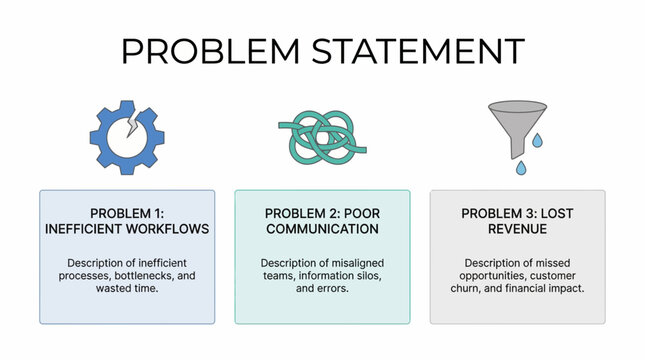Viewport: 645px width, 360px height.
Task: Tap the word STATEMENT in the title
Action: (x=418, y=52)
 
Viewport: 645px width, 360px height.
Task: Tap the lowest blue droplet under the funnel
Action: (x=518, y=169)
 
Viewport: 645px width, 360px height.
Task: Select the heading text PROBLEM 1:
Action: (x=127, y=213)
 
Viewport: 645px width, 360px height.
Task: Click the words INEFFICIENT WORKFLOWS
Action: (x=127, y=228)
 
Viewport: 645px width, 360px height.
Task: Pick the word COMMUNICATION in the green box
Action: (x=322, y=228)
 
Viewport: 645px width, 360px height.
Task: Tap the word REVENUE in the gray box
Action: (x=518, y=228)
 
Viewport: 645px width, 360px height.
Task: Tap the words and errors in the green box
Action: (x=322, y=289)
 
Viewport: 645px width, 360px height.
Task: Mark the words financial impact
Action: (x=548, y=289)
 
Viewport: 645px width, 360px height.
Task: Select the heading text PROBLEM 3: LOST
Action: (x=518, y=213)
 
